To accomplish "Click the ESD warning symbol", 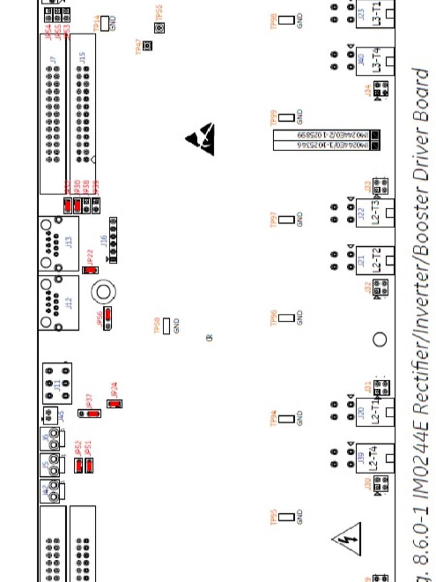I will pyautogui.click(x=201, y=138).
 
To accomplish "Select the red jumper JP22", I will pyautogui.click(x=90, y=270).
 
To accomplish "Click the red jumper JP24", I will pyautogui.click(x=115, y=404).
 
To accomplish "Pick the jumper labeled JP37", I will pyautogui.click(x=90, y=413).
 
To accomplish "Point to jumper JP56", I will pyautogui.click(x=107, y=318).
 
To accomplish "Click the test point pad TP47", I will pyautogui.click(x=148, y=45).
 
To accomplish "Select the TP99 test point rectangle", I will pyautogui.click(x=287, y=118).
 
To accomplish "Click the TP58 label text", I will pyautogui.click(x=157, y=326).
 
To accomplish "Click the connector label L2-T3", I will pyautogui.click(x=375, y=213).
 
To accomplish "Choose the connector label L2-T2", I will pyautogui.click(x=375, y=260).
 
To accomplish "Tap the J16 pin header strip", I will pyautogui.click(x=113, y=240).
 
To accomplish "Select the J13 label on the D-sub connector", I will pyautogui.click(x=69, y=242).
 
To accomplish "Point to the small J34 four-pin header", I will pyautogui.click(x=381, y=89).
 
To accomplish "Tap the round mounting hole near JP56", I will pyautogui.click(x=103, y=292).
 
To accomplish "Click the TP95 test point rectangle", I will pyautogui.click(x=287, y=517).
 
